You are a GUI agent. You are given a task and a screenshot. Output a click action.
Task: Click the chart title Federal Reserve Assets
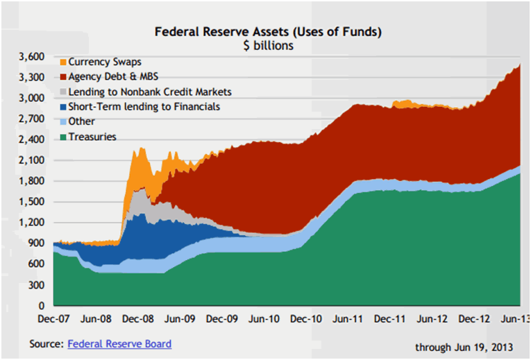click(x=267, y=32)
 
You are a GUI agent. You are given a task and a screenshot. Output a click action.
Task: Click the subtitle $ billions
click(x=267, y=46)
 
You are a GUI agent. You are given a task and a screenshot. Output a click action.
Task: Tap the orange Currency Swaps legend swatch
click(x=62, y=62)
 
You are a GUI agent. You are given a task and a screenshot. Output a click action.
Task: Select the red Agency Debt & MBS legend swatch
click(x=62, y=77)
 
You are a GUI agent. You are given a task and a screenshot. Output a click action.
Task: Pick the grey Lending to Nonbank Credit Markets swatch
click(x=62, y=92)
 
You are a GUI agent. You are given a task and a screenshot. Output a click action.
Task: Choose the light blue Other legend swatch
click(x=62, y=121)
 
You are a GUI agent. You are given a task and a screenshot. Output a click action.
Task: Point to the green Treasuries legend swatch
click(x=62, y=137)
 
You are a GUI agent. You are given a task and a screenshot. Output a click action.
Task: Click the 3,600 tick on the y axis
click(x=32, y=57)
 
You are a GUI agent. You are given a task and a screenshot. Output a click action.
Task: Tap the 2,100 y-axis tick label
click(x=32, y=160)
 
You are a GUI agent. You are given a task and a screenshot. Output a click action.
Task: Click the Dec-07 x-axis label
click(x=53, y=320)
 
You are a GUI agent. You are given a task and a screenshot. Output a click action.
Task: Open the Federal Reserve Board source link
click(x=119, y=343)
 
